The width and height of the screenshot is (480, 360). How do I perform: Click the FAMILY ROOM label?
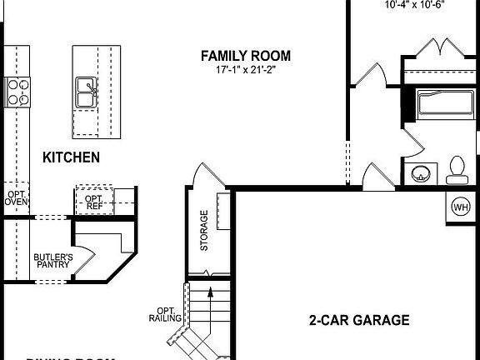[246, 56]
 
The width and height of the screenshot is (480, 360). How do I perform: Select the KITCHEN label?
[72, 157]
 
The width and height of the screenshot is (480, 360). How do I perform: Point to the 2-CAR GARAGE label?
[358, 319]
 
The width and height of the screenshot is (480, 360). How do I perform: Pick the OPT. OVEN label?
[17, 199]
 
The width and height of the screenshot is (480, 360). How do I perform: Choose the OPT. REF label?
[93, 200]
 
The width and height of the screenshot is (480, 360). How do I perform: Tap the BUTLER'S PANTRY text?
[52, 261]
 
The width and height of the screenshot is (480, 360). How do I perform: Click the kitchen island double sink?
[85, 92]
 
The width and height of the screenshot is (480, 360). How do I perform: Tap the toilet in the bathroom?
[456, 170]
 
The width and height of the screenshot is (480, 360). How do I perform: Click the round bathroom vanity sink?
[421, 173]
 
